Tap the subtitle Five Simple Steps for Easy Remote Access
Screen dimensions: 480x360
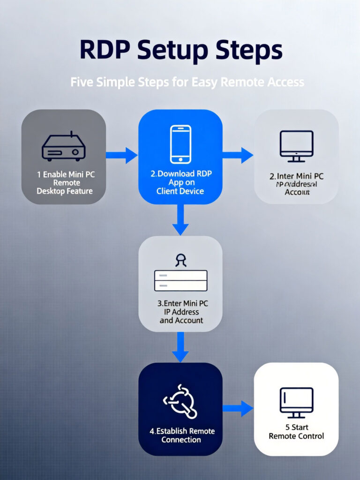click(187, 82)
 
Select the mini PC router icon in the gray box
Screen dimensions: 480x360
click(64, 147)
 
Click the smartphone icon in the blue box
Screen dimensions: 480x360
click(180, 144)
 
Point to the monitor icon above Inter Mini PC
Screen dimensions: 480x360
click(296, 146)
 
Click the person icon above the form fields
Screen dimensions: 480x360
click(180, 260)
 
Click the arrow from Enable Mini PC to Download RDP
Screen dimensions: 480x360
click(121, 155)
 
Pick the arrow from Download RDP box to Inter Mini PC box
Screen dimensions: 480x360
click(238, 155)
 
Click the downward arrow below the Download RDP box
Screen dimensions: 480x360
click(180, 220)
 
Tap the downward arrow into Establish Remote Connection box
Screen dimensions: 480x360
click(180, 347)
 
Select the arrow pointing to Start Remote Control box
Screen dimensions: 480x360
click(238, 408)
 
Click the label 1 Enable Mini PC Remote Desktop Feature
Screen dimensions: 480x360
click(65, 182)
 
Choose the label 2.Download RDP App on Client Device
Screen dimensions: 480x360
click(181, 182)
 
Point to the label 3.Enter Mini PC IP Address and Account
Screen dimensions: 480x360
click(181, 312)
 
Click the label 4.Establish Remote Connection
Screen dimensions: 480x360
click(181, 435)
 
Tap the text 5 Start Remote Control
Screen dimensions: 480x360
click(296, 432)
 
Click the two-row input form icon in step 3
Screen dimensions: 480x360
click(180, 281)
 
